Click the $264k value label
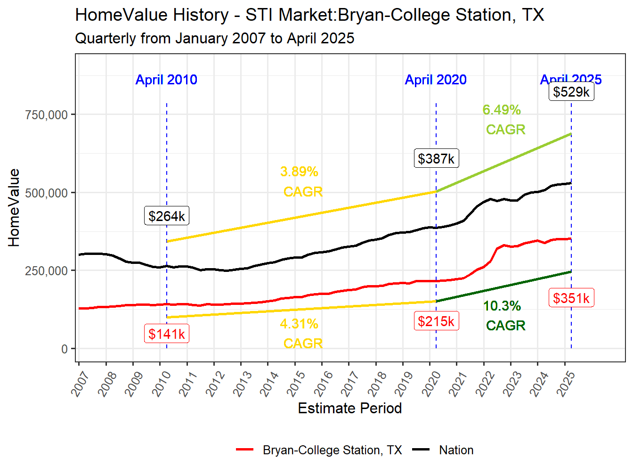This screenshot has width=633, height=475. coord(166,216)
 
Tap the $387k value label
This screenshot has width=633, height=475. coord(436,158)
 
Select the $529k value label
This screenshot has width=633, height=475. coord(571,91)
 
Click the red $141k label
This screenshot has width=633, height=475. coord(166,334)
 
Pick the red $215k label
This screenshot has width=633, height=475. coord(436,321)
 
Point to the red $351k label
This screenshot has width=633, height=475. coord(571,298)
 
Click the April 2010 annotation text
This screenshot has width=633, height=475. coord(166,80)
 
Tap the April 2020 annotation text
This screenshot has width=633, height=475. coord(436,80)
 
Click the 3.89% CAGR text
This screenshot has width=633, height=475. coord(301,181)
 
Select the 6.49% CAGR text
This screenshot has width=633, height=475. coord(503,119)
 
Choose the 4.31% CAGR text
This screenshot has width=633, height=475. coord(301,334)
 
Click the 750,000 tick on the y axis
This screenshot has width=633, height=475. coord(47,115)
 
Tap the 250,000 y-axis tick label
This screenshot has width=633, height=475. coord(47,271)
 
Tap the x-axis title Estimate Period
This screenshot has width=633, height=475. coord(350,408)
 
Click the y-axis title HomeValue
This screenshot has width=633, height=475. coord(14,208)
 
